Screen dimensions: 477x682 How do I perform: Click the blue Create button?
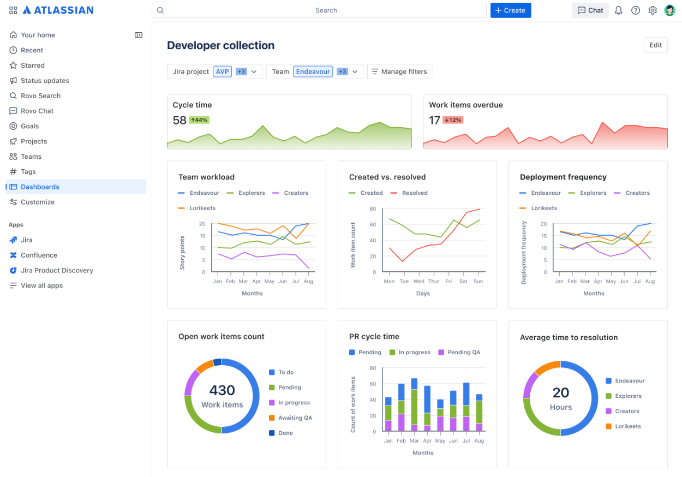(510, 10)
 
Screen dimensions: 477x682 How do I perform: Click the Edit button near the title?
(655, 45)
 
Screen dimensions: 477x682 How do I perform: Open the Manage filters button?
(399, 71)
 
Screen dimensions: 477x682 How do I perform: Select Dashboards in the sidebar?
(40, 187)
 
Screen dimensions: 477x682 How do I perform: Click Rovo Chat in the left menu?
(37, 111)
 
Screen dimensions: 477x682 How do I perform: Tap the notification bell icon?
(618, 10)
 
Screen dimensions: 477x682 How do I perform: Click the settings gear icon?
(653, 10)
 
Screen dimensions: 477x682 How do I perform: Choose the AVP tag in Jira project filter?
(222, 71)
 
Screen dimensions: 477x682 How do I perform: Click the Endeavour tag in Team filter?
(313, 71)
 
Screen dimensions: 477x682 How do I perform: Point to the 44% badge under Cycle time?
(199, 120)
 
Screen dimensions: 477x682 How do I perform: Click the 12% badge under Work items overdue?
(452, 120)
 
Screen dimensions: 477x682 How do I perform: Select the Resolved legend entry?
(415, 193)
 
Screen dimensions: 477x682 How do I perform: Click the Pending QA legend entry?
(464, 352)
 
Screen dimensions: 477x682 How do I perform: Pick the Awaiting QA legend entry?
(295, 418)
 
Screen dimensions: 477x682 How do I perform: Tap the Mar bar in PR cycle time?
(414, 404)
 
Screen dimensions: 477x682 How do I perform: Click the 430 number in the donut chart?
(222, 390)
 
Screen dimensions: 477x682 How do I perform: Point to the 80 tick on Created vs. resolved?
(373, 208)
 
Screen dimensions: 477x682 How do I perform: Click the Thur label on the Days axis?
(434, 281)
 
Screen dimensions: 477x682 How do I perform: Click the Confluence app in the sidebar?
(39, 255)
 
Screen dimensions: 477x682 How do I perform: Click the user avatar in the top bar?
(669, 10)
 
